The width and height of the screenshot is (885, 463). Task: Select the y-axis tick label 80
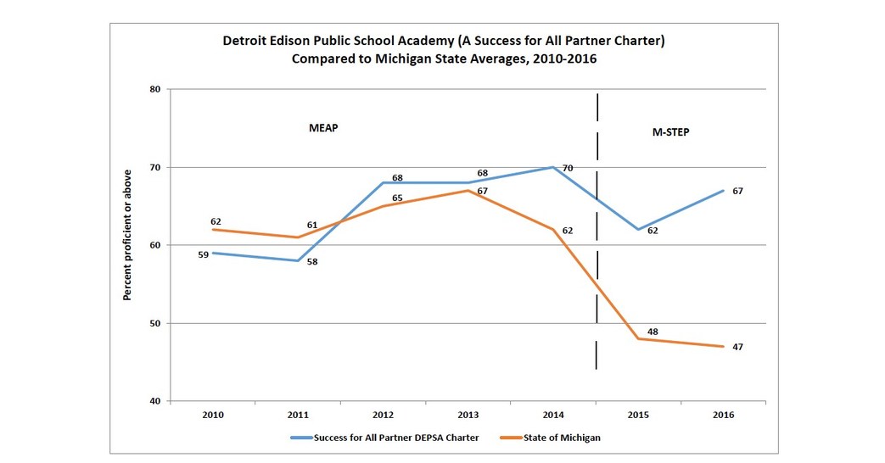click(154, 89)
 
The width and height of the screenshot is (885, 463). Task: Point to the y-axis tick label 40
click(154, 401)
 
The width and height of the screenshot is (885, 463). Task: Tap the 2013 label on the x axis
click(468, 415)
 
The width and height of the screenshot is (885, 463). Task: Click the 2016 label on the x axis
click(723, 415)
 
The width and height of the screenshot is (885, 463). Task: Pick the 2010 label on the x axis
click(212, 415)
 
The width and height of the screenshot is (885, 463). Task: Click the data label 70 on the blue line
click(568, 169)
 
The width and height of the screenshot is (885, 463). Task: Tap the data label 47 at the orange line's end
click(738, 347)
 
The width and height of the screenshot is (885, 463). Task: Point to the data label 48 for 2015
click(653, 332)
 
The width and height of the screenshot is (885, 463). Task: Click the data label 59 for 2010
click(204, 254)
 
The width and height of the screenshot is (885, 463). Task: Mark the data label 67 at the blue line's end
click(738, 191)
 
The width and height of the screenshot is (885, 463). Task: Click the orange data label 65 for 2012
click(397, 198)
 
